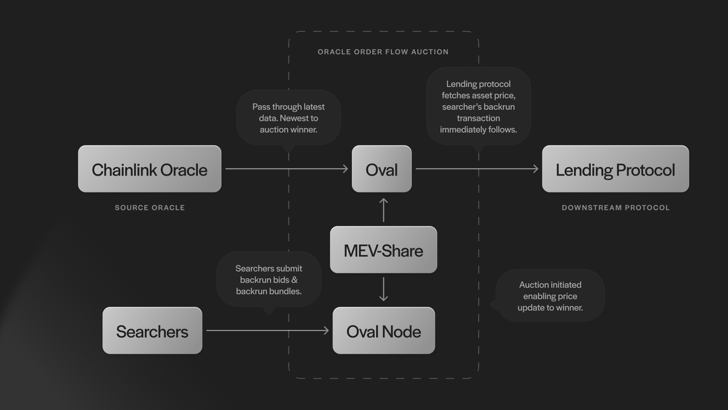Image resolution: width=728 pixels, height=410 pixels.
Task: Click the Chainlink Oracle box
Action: [x=149, y=169]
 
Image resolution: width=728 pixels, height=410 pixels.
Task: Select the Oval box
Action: [x=382, y=169]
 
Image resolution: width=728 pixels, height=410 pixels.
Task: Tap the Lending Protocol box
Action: [x=615, y=169]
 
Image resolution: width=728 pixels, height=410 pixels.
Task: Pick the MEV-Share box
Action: [x=383, y=250]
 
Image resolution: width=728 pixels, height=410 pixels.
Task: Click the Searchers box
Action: [x=152, y=331]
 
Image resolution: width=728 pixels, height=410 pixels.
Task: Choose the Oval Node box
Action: [x=383, y=331]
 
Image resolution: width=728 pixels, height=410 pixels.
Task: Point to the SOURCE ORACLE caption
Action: [x=150, y=208]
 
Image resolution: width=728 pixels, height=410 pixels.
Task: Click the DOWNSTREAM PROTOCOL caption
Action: [x=615, y=208]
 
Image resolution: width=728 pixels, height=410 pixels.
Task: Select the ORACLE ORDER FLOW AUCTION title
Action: [x=383, y=52]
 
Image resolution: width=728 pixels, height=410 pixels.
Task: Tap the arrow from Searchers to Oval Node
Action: [x=267, y=330]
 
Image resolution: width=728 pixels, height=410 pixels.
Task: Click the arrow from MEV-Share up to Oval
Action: [x=383, y=210]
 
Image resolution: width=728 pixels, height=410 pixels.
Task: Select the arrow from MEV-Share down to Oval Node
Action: [x=383, y=289]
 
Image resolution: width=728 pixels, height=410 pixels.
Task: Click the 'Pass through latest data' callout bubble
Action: [x=288, y=117]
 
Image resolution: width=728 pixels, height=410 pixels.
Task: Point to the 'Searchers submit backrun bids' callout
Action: [x=269, y=279]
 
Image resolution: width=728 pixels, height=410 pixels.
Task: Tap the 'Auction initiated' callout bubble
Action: [x=550, y=296]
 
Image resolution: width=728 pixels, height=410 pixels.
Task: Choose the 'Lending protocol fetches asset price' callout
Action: [x=478, y=106]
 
